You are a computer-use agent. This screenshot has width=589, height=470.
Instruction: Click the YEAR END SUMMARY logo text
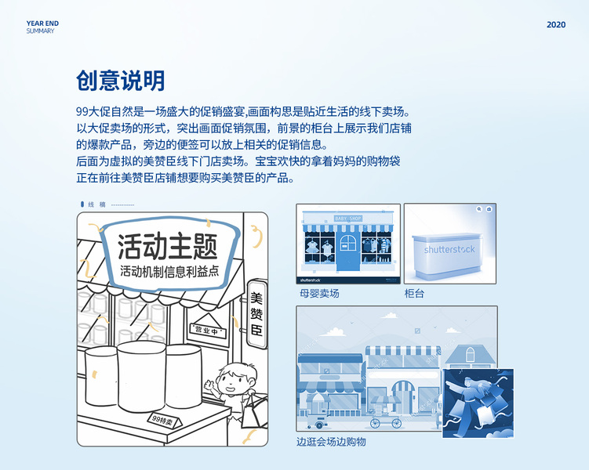pyautogui.click(x=42, y=27)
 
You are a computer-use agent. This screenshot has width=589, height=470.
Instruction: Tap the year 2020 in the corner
pyautogui.click(x=556, y=25)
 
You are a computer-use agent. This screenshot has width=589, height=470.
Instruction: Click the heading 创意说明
pyautogui.click(x=121, y=81)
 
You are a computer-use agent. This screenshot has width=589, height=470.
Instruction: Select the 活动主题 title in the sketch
pyautogui.click(x=168, y=247)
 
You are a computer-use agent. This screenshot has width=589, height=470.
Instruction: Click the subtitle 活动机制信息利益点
pyautogui.click(x=169, y=271)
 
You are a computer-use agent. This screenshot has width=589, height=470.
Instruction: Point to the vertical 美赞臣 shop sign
pyautogui.click(x=257, y=314)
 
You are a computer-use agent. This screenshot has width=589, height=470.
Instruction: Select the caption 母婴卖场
pyautogui.click(x=319, y=293)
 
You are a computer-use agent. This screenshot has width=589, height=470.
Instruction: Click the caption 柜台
pyautogui.click(x=414, y=293)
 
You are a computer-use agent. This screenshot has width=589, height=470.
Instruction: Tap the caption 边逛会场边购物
pyautogui.click(x=331, y=442)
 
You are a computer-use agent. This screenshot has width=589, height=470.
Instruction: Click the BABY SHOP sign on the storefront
pyautogui.click(x=348, y=219)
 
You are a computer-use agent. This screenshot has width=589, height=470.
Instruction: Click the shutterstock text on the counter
pyautogui.click(x=449, y=249)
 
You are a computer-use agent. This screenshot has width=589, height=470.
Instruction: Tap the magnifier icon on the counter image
pyautogui.click(x=479, y=209)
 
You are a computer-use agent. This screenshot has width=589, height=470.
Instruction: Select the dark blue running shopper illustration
pyautogui.click(x=478, y=403)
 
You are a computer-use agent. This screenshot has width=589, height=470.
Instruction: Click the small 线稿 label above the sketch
pyautogui.click(x=97, y=204)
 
